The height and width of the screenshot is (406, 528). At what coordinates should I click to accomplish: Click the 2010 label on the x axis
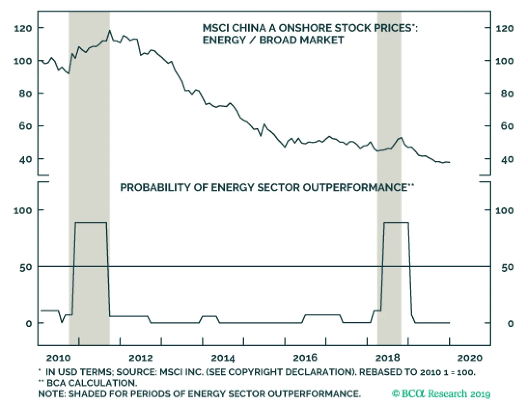[x=58, y=358]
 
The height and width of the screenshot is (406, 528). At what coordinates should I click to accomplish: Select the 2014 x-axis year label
[x=223, y=358]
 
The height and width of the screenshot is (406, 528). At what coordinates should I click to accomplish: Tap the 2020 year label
[x=470, y=358]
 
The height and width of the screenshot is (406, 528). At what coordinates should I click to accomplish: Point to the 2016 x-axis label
[x=305, y=358]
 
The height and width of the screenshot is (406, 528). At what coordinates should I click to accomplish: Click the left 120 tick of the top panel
[x=23, y=28]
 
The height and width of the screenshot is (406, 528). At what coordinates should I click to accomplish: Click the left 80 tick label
[x=25, y=94]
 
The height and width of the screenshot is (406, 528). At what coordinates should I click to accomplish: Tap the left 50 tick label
[x=26, y=267]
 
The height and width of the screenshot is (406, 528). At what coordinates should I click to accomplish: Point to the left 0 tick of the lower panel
[x=29, y=324]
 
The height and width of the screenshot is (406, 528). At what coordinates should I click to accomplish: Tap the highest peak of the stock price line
[x=110, y=31]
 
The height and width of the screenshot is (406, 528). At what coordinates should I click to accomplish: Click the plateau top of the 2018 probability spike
[x=396, y=223]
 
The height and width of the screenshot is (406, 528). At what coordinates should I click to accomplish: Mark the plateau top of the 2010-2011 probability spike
[x=91, y=223]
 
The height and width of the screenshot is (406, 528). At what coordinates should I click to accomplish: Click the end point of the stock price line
[x=449, y=162]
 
